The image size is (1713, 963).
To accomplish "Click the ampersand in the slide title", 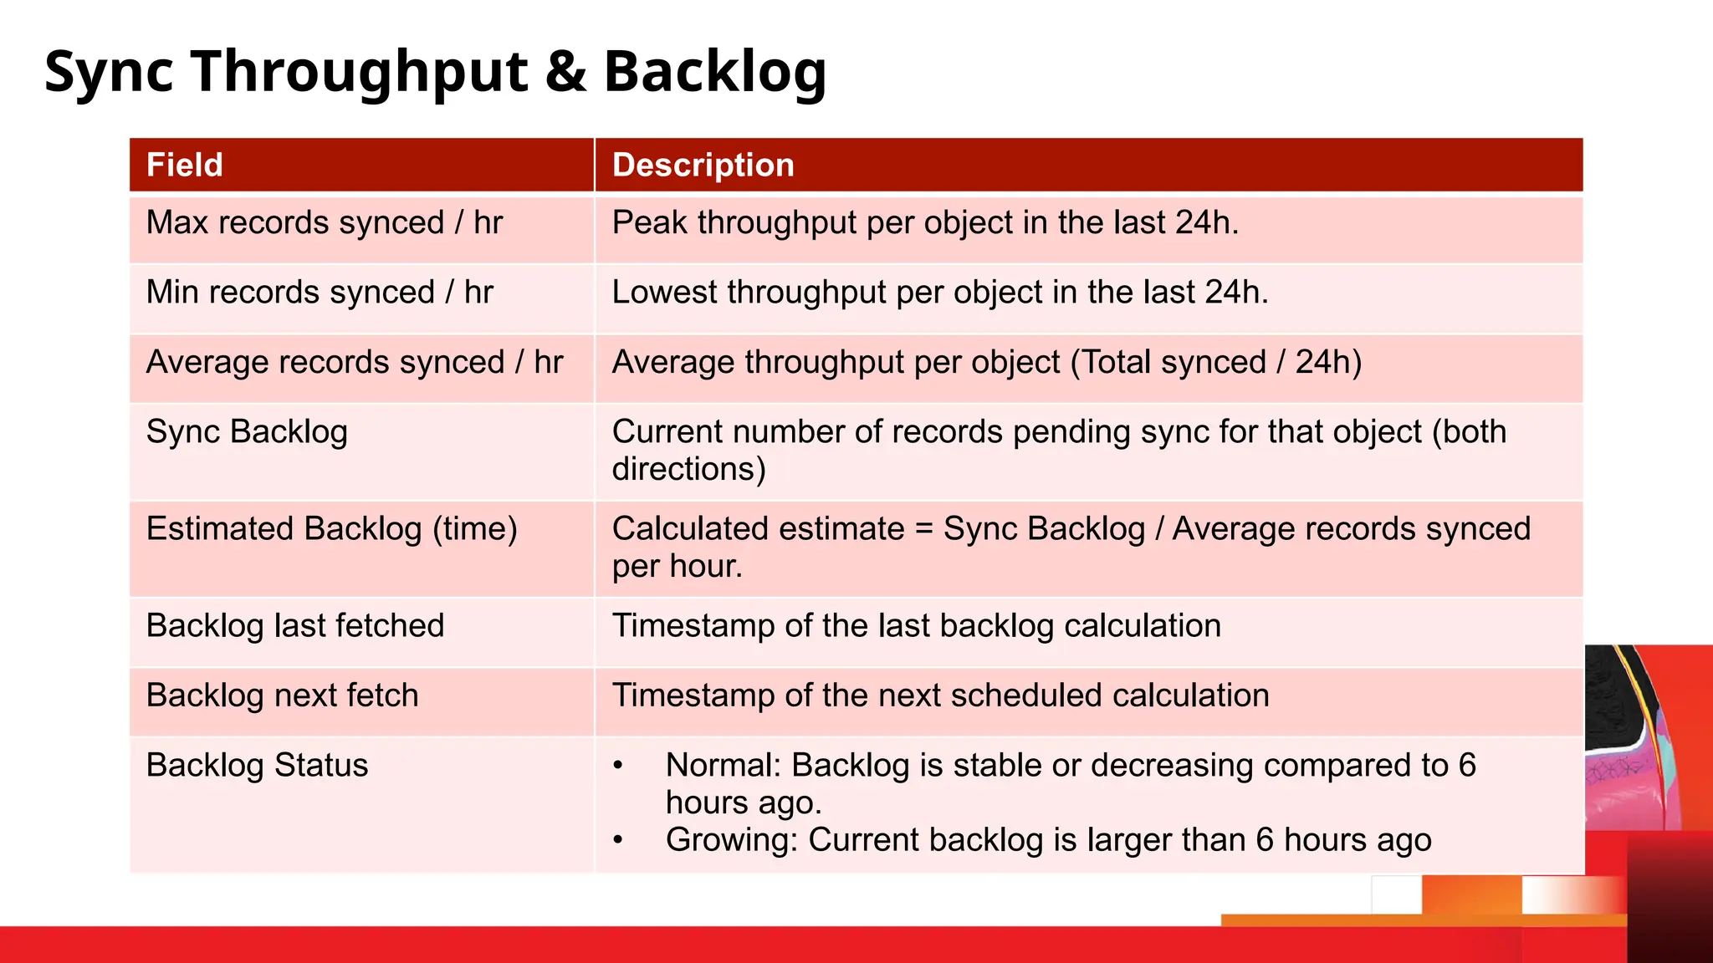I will (x=565, y=72).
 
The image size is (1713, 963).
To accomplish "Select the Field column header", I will (x=185, y=165).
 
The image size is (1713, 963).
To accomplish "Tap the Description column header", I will (x=703, y=165).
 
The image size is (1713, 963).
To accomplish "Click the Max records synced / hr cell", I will (x=325, y=223).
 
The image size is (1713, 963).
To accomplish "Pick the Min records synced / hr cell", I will (x=320, y=293).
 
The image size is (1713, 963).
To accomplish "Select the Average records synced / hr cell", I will (x=355, y=363).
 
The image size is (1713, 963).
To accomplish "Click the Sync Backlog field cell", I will (x=247, y=432).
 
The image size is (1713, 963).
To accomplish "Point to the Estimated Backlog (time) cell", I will (x=331, y=529).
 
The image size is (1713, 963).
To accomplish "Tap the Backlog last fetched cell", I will (x=295, y=626).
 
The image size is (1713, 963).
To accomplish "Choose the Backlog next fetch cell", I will (x=282, y=695).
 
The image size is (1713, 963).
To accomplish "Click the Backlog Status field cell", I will (x=257, y=766).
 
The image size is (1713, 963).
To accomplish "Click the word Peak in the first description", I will (x=650, y=223).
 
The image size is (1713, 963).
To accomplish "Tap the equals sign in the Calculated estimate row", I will (x=923, y=530).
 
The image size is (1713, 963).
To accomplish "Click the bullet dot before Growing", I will (x=618, y=840).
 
